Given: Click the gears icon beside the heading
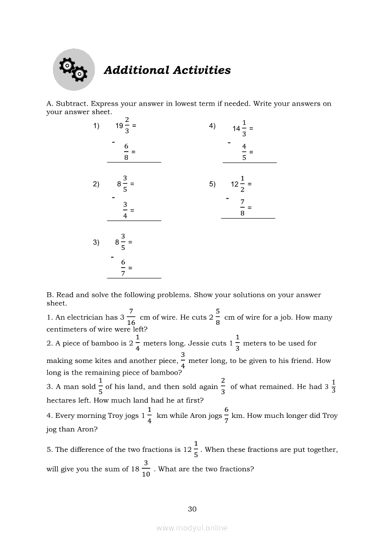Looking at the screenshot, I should [x=73, y=69].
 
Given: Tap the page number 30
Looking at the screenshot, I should [x=192, y=509].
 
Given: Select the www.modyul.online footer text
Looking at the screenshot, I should [x=192, y=528].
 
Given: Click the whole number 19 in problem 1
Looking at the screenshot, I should [x=119, y=126].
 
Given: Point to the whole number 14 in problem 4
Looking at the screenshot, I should [x=237, y=128].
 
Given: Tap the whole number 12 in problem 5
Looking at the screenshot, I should [x=235, y=184].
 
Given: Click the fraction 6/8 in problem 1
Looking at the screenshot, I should [x=126, y=152].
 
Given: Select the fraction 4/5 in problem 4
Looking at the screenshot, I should [x=244, y=152].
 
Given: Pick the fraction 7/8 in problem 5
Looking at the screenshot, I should [x=242, y=207].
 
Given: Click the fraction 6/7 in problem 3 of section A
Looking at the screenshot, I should [x=123, y=268].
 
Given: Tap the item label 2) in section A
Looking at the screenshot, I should [x=96, y=184].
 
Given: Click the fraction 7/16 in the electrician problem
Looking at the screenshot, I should [x=131, y=317].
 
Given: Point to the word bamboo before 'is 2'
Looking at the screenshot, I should [x=106, y=343].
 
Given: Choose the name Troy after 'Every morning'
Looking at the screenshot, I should [x=116, y=416].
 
